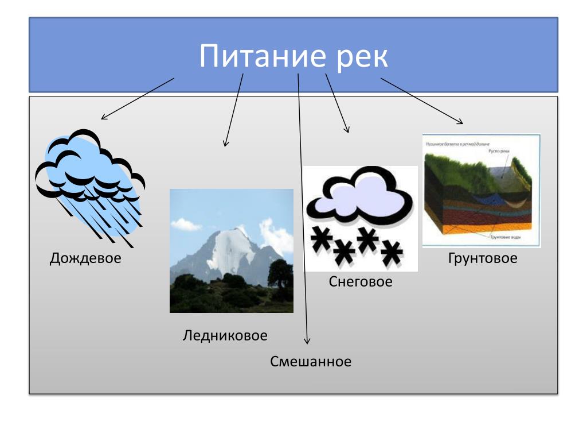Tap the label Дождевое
[85, 258]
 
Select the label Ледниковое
[225, 335]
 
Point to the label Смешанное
[310, 362]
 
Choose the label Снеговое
[361, 282]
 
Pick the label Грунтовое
[482, 258]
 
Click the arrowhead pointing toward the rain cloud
[103, 118]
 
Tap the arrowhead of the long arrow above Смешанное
[307, 342]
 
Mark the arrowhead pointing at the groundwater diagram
[461, 122]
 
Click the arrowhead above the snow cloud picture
[347, 131]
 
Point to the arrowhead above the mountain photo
[226, 144]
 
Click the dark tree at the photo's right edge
[281, 276]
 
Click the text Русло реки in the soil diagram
[499, 150]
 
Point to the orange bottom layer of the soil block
[453, 230]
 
